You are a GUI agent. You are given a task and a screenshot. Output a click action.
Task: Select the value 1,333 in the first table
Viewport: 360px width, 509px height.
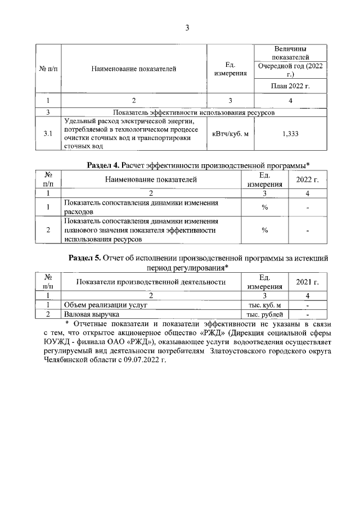tap(289, 133)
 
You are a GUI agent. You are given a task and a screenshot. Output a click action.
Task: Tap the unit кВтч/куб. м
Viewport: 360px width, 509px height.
tap(230, 133)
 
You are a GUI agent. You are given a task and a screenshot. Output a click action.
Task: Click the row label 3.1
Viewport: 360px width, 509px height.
tap(48, 133)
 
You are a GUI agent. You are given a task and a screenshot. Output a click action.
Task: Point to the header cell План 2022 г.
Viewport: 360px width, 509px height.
tap(289, 86)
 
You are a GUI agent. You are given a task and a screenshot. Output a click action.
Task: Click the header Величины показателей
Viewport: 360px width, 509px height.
tap(289, 53)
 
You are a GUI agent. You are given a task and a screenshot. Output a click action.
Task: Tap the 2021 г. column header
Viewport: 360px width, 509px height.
tap(308, 281)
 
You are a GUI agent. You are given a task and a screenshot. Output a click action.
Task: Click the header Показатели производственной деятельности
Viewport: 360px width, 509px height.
tap(151, 281)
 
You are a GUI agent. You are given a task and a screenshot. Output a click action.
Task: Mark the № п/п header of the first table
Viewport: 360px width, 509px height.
tap(48, 69)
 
